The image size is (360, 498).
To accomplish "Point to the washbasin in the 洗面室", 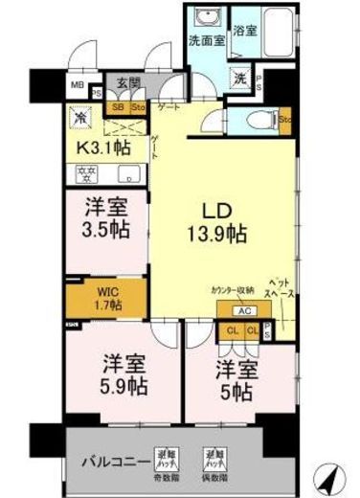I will (x=204, y=17).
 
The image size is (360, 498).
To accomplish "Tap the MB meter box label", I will (x=77, y=85).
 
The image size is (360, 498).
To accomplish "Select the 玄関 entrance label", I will (x=128, y=83).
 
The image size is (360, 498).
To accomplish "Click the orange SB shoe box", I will (x=119, y=106).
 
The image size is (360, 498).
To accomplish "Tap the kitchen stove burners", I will (x=81, y=174).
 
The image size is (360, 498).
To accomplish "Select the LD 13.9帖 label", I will (x=217, y=219).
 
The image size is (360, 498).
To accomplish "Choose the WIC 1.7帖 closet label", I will (x=107, y=298).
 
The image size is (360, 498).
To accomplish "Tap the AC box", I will (x=242, y=311).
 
